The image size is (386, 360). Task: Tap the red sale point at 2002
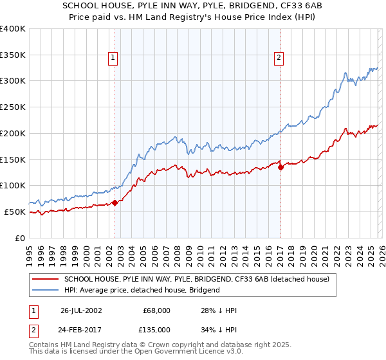(x=115, y=203)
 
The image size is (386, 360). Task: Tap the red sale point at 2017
(x=280, y=167)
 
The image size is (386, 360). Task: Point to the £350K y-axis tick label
(x=13, y=55)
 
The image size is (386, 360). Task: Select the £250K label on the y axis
(x=13, y=107)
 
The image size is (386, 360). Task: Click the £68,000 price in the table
(x=157, y=310)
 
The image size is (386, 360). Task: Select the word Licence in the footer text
(x=183, y=352)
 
